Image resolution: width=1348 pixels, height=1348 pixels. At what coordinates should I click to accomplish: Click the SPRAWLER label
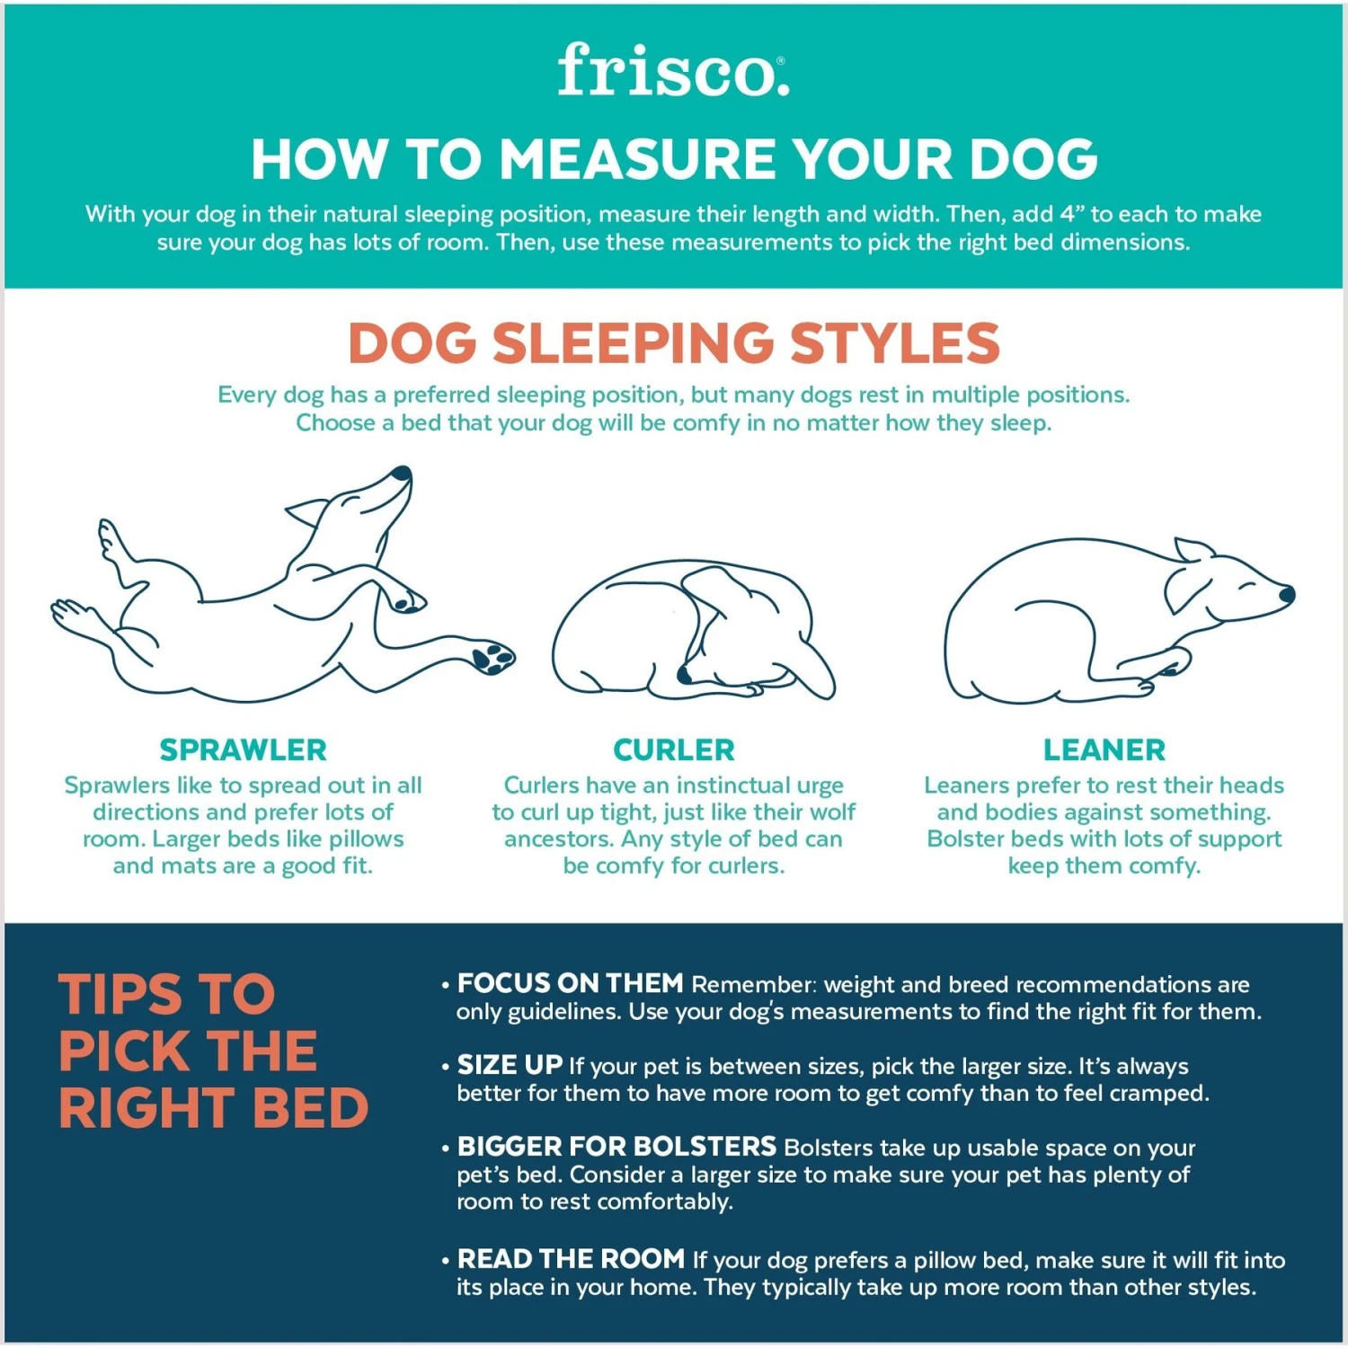[x=243, y=749]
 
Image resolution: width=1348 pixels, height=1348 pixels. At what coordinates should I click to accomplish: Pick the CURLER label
[x=674, y=749]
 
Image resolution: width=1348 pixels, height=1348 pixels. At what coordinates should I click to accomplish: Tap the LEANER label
[x=1104, y=749]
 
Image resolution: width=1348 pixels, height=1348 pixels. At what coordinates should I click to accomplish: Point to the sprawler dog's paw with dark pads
[x=492, y=657]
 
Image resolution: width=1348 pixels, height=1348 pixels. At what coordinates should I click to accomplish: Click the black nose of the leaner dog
[x=1287, y=594]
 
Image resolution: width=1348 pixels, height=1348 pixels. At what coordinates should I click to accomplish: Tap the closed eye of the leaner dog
[x=1246, y=586]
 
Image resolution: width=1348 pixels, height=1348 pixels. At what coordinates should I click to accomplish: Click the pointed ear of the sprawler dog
[x=306, y=512]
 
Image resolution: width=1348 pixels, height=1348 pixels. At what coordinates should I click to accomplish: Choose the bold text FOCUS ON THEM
[x=571, y=983]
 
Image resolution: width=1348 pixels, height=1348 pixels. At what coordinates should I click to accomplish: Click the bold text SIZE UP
[x=510, y=1065]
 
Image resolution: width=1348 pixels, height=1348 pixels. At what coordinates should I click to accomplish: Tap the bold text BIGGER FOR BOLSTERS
[x=616, y=1147]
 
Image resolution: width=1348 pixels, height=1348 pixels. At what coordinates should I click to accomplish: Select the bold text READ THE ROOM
[x=571, y=1259]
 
